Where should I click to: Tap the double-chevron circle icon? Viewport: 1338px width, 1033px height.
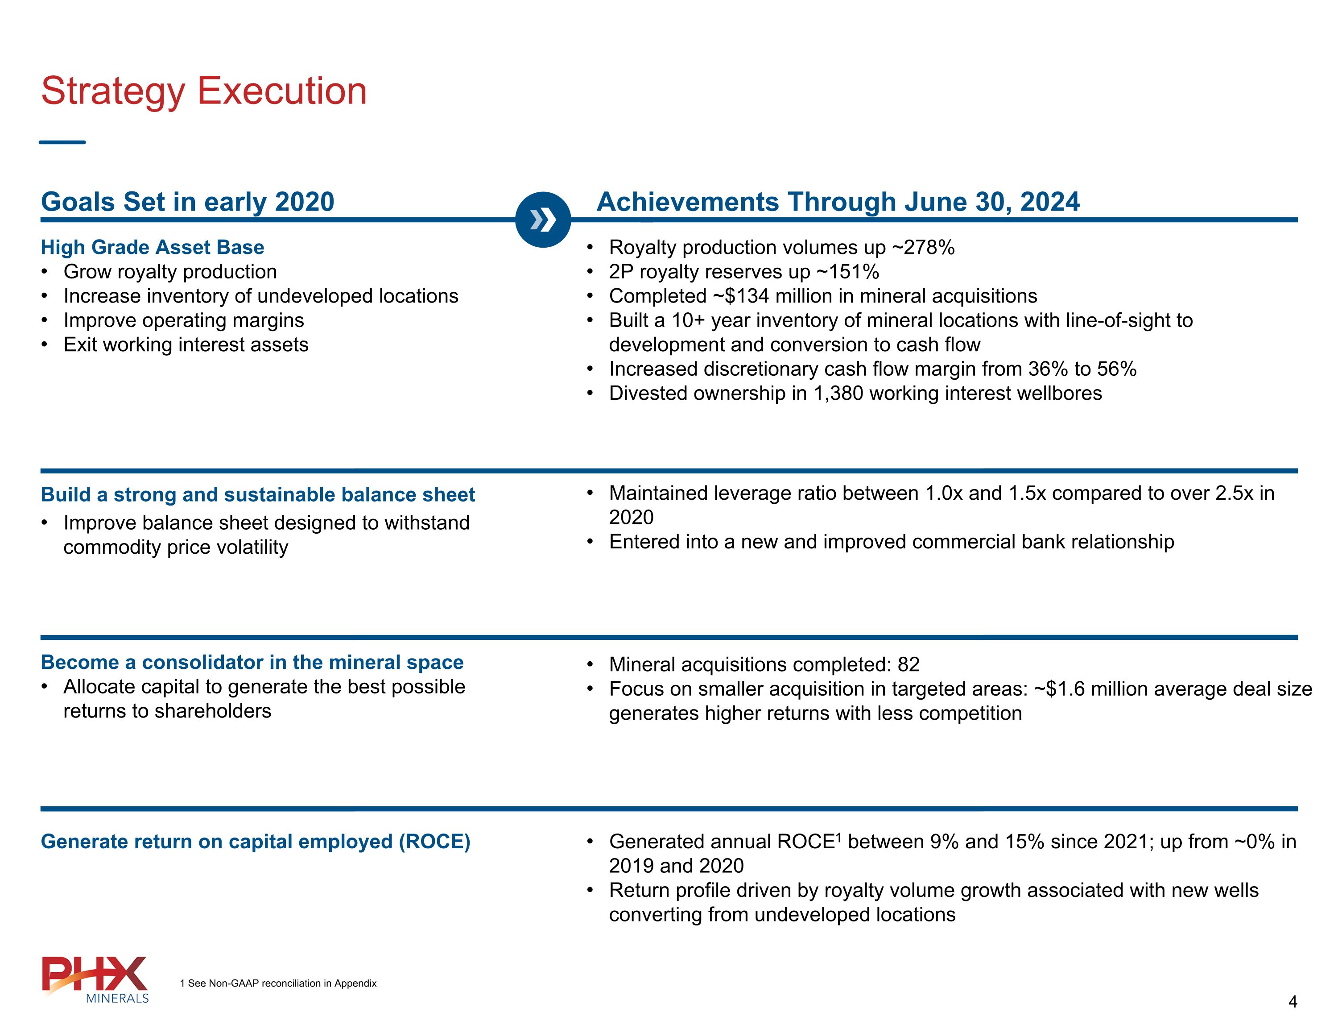click(543, 220)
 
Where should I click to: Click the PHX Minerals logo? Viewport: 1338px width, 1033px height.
click(95, 979)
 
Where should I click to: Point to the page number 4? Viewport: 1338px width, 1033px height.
click(1293, 1002)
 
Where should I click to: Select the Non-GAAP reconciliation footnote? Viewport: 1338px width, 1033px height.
click(278, 983)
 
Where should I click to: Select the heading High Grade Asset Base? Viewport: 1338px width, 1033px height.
click(153, 247)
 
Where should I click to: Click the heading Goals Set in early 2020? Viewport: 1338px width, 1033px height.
click(187, 202)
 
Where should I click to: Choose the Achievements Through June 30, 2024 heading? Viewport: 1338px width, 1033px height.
click(838, 202)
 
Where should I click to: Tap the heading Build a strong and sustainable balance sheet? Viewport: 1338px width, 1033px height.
click(258, 495)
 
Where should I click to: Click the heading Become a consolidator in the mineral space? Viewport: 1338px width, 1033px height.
click(252, 662)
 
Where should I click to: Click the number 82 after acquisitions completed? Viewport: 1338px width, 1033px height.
click(909, 664)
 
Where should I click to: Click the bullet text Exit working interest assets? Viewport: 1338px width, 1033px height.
click(186, 344)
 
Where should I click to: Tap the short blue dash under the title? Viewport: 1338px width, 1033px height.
click(62, 142)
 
